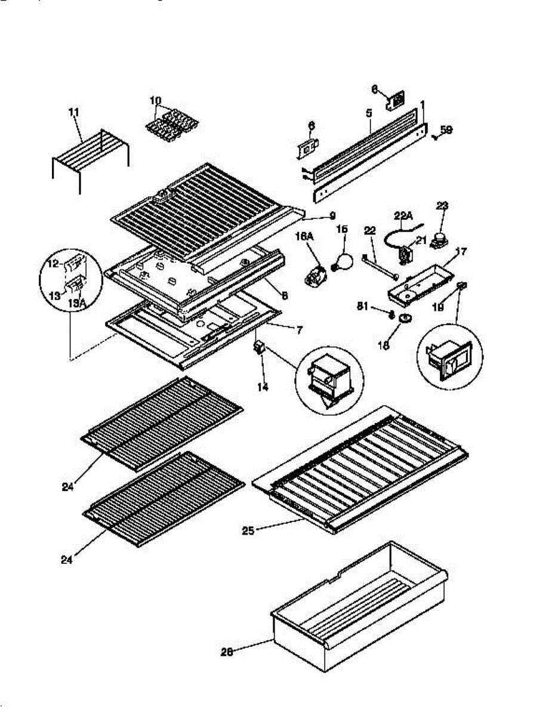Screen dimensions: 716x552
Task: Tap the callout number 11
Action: pyautogui.click(x=74, y=112)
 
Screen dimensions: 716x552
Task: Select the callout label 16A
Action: pyautogui.click(x=304, y=237)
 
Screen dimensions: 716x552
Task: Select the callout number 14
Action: pyautogui.click(x=263, y=387)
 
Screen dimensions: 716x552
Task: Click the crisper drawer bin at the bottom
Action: pyautogui.click(x=358, y=615)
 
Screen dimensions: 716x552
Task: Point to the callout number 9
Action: pyautogui.click(x=332, y=215)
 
